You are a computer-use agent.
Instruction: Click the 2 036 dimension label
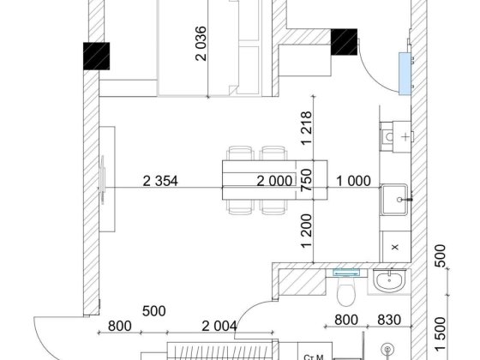tap(201, 44)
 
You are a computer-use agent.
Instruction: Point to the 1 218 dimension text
tap(307, 128)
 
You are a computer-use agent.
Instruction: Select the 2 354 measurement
tap(160, 181)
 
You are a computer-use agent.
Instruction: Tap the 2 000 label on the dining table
tap(274, 181)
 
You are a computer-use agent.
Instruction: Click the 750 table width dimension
tap(307, 180)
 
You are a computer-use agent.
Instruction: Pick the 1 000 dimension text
tap(353, 181)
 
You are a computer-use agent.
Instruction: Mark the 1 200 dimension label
tap(307, 231)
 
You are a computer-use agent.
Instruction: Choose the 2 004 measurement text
tap(219, 326)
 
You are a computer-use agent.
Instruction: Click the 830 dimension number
tap(389, 320)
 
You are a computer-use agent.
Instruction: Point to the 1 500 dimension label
tap(440, 333)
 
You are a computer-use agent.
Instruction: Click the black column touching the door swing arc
tap(344, 42)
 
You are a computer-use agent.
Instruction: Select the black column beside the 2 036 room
tap(96, 56)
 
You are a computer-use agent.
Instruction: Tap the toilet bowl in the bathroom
tap(345, 293)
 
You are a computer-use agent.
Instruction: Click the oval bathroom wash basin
tap(389, 281)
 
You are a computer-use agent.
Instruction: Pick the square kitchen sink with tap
tap(394, 200)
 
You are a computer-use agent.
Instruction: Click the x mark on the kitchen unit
tap(395, 247)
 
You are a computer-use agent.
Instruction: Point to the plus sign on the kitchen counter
tap(405, 136)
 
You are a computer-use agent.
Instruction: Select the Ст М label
tap(314, 357)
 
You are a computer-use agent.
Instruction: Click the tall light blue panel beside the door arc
tap(405, 74)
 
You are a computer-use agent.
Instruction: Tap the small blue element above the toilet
tap(346, 273)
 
